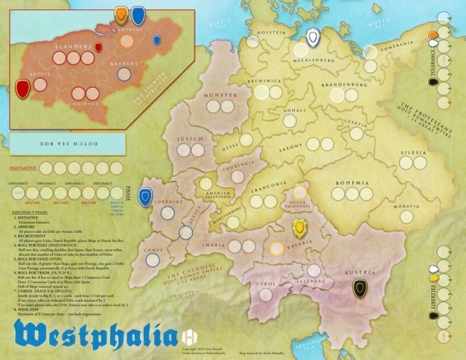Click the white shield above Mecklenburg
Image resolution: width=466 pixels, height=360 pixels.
click(313, 37)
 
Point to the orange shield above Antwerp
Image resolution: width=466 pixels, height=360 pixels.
click(123, 14)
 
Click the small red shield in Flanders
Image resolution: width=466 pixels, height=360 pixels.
click(98, 48)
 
